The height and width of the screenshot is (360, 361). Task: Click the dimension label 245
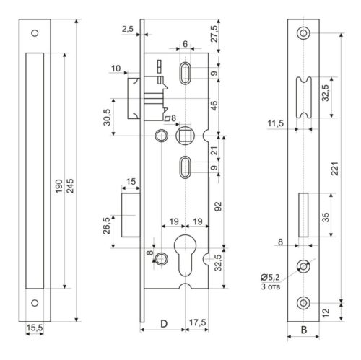tap(70, 185)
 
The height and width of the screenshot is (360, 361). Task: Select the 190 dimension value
tap(58, 185)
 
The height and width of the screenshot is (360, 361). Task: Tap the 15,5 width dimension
tap(35, 328)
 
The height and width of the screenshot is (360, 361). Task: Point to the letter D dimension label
tap(164, 324)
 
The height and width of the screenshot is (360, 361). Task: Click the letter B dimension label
tap(304, 330)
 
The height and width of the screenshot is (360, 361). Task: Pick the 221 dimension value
tap(335, 169)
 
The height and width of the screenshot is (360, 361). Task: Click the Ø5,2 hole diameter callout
tap(271, 277)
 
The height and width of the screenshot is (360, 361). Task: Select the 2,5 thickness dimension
tap(128, 29)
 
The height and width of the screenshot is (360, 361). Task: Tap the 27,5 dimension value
tap(214, 34)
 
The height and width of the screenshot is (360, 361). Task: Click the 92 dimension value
tap(218, 206)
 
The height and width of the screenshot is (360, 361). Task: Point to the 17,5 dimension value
tap(198, 322)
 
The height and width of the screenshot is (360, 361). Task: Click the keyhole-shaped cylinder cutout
tap(185, 255)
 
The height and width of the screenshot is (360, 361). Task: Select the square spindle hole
tap(185, 136)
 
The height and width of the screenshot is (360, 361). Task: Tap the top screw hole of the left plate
tap(35, 33)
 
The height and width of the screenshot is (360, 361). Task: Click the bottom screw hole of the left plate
tap(35, 303)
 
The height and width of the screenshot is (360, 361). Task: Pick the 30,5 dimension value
tap(107, 117)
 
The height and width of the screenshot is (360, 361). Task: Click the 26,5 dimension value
tap(106, 225)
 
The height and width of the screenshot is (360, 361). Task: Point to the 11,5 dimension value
tap(276, 123)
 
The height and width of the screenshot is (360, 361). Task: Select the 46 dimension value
tap(214, 106)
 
